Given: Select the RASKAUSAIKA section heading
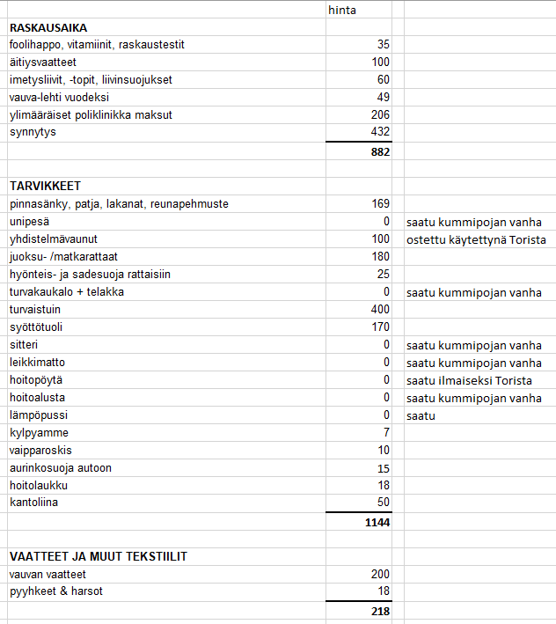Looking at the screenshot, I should pos(48,27).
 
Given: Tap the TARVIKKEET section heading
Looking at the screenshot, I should pos(46,186).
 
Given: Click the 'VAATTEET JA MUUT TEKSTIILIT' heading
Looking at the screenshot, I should pos(98,556).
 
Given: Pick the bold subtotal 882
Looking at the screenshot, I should pos(379,150).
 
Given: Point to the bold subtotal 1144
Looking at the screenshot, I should pos(376,521).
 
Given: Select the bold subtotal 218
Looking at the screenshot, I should pos(379,609).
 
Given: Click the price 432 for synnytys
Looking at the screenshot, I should pos(379,132).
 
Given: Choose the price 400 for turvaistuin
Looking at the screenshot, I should pos(379,310).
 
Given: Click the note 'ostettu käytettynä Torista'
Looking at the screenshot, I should pos(475,239).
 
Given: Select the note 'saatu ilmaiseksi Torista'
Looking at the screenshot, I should pos(468,380).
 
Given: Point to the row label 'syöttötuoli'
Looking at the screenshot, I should pos(35,327).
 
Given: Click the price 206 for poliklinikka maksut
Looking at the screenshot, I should pos(379,114).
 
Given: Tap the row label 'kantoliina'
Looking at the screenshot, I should pos(33,503).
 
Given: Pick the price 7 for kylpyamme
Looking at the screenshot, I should pos(385,433).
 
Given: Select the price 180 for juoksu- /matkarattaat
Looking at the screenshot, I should pos(379,257).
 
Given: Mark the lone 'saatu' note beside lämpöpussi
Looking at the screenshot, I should pos(421,415).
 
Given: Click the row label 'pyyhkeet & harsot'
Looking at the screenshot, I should pos(56,591).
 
